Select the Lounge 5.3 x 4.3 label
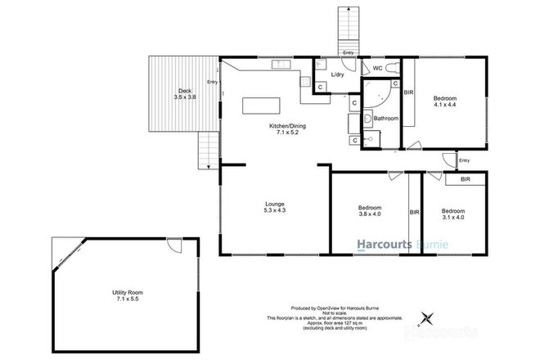point(274,208)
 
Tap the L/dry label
point(337,76)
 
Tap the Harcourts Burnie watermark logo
point(398,244)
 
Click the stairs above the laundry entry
point(347,29)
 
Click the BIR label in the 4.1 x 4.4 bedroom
point(408,93)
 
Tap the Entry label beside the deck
point(213,81)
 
